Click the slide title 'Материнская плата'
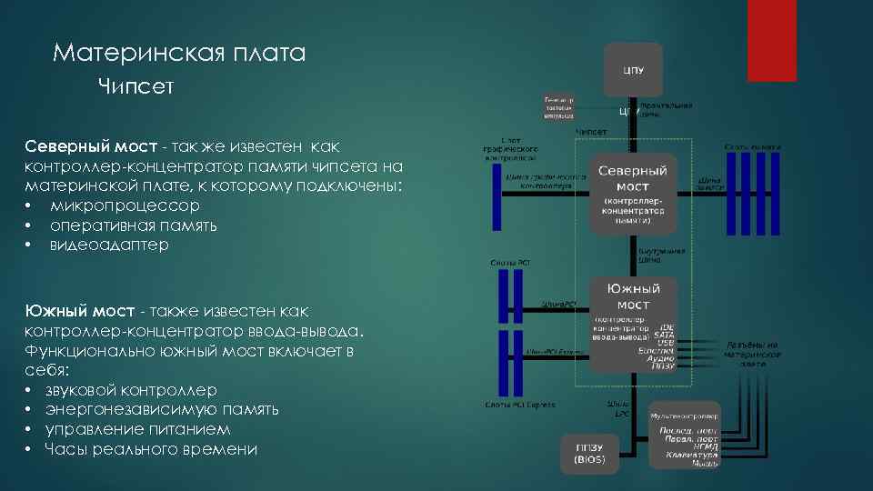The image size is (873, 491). coord(179,54)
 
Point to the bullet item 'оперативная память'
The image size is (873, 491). coord(134,225)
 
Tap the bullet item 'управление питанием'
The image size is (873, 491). coord(137,429)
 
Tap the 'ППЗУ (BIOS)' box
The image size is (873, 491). coord(589,453)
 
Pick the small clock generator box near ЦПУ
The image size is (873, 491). coord(559,106)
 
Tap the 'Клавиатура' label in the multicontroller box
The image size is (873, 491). coord(692,454)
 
